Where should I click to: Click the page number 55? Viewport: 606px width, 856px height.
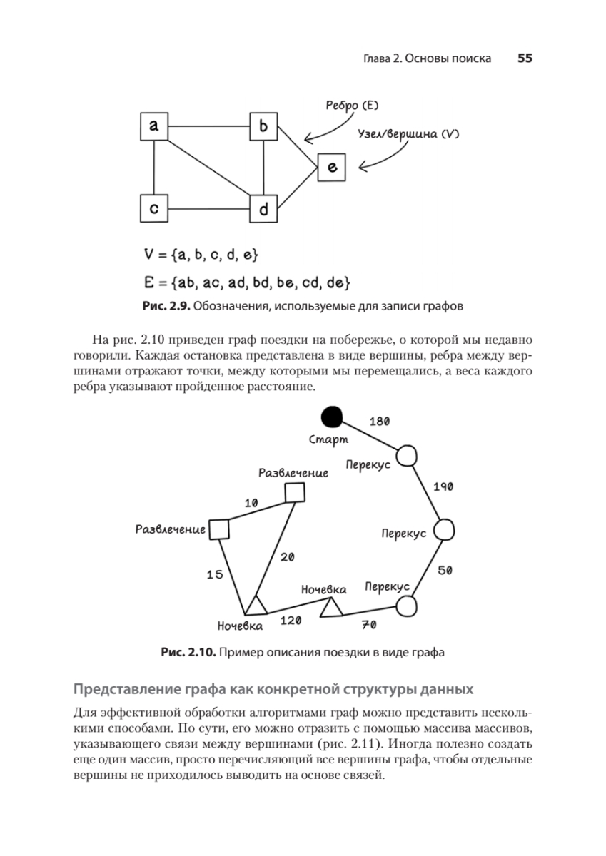(x=525, y=58)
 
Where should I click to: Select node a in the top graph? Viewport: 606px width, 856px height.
(x=153, y=126)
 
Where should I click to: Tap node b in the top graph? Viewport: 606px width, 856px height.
(x=263, y=126)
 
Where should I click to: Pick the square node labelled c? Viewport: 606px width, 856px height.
(x=153, y=208)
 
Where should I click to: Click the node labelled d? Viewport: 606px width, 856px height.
(x=263, y=209)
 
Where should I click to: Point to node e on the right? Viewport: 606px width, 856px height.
(x=332, y=168)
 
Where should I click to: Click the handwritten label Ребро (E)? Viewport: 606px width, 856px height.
(x=351, y=106)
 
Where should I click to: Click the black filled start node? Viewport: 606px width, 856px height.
(x=332, y=416)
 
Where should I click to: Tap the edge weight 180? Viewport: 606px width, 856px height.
(x=379, y=421)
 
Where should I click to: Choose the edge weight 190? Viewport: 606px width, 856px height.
(x=443, y=486)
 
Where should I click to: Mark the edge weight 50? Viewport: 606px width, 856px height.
(x=444, y=570)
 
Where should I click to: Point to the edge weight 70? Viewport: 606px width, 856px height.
(x=369, y=625)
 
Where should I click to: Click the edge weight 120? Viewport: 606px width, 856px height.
(x=291, y=621)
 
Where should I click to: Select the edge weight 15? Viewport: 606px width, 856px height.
(x=215, y=574)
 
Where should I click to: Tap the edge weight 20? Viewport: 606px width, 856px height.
(x=287, y=557)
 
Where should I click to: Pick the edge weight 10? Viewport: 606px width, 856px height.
(x=251, y=503)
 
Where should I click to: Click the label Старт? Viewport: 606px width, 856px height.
(x=328, y=439)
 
